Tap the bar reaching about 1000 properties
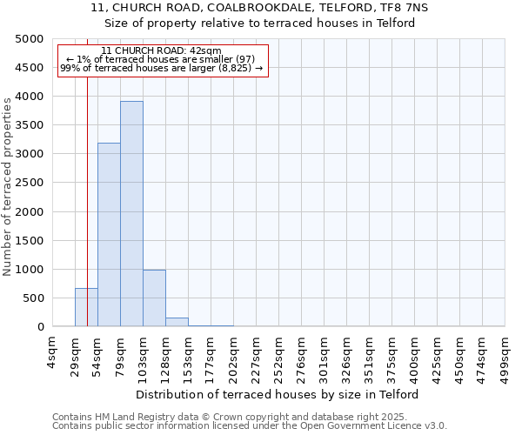[x=154, y=298]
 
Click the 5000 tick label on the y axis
[x=30, y=39]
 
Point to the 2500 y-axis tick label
[x=30, y=183]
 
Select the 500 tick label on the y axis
[x=33, y=298]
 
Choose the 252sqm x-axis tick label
[x=279, y=355]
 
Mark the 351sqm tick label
[x=370, y=355]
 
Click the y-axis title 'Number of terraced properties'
[x=8, y=186]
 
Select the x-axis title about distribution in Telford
[x=278, y=394]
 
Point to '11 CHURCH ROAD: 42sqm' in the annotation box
[x=161, y=51]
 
